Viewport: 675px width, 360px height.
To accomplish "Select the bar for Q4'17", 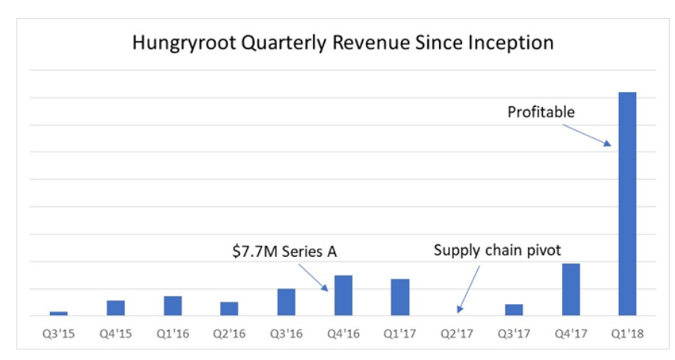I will (x=570, y=289).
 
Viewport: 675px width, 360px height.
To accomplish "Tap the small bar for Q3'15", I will (x=59, y=313).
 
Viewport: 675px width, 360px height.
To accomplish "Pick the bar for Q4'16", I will (x=343, y=295).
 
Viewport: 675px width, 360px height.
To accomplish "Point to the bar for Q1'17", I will (x=399, y=297).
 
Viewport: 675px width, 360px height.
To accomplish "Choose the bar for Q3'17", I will (x=514, y=309).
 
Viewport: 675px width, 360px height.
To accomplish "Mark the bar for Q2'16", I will (x=229, y=308).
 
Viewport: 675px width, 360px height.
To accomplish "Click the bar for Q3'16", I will (x=286, y=302).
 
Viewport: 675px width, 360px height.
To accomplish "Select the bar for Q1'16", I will (x=172, y=305).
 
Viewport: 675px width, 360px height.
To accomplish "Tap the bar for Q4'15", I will (x=116, y=308).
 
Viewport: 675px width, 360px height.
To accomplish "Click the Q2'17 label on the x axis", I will (x=456, y=333).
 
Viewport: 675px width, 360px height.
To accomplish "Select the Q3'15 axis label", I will (x=59, y=333).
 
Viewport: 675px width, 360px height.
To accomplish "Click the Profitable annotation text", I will (x=541, y=113).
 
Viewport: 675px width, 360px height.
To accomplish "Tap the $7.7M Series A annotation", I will (x=283, y=252).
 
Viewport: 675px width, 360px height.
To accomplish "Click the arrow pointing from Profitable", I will (x=587, y=135).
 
